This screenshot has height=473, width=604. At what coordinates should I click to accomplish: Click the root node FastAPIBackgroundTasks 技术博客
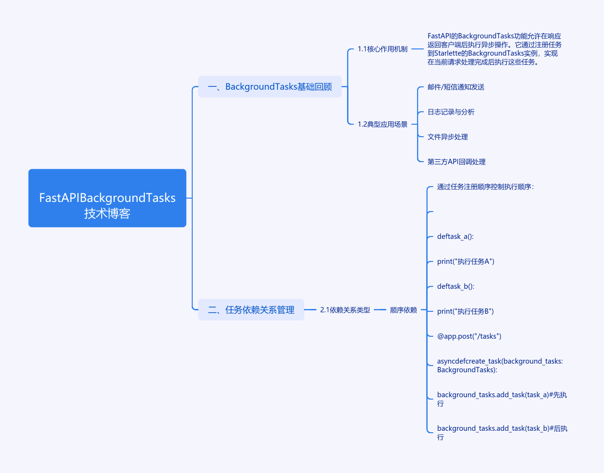[107, 198]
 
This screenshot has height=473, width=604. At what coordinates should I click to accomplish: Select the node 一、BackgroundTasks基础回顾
[270, 87]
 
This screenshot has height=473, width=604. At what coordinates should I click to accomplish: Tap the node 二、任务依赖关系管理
[251, 310]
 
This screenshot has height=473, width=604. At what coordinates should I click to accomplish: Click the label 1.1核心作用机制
[383, 49]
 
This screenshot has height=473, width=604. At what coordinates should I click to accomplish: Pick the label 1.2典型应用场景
[383, 124]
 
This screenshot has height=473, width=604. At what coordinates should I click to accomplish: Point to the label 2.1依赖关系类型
[345, 310]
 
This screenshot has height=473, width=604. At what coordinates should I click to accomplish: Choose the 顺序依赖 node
[403, 310]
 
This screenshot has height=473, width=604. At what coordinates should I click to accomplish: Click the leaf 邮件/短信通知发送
[456, 87]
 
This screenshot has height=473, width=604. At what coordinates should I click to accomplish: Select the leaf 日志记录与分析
[451, 112]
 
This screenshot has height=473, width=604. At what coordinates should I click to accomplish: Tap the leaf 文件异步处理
[448, 137]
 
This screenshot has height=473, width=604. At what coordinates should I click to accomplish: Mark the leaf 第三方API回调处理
[456, 162]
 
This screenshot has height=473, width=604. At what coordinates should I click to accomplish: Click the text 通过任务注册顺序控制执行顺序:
[485, 187]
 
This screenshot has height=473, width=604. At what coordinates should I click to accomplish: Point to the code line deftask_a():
[455, 236]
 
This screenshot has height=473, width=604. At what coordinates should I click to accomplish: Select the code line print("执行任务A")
[465, 261]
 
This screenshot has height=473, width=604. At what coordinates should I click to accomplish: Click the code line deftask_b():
[456, 286]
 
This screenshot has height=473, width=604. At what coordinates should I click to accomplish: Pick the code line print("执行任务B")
[465, 311]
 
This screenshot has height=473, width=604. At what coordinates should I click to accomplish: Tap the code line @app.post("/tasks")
[469, 336]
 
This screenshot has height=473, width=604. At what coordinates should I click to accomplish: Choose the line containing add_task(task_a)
[501, 395]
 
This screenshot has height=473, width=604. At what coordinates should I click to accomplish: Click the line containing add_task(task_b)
[502, 429]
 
